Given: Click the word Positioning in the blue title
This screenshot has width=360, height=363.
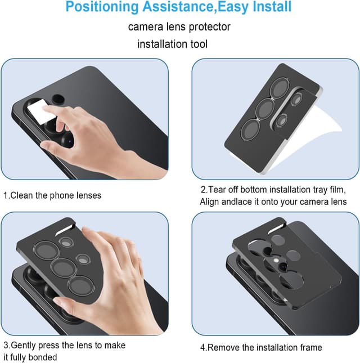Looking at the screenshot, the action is click(102, 7).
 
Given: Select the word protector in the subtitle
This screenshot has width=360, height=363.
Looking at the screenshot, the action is click(210, 27).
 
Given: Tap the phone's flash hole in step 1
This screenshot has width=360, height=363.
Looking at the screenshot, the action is click(58, 99).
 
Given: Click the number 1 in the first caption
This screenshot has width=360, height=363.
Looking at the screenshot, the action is click(6, 195).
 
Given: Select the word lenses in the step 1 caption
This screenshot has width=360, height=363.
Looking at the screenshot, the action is click(89, 195).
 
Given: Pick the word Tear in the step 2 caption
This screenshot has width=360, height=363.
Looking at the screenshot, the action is click(217, 190).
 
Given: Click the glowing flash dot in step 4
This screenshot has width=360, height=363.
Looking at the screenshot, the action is click(276, 260).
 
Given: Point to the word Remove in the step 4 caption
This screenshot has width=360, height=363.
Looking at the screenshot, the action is click(224, 347).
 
